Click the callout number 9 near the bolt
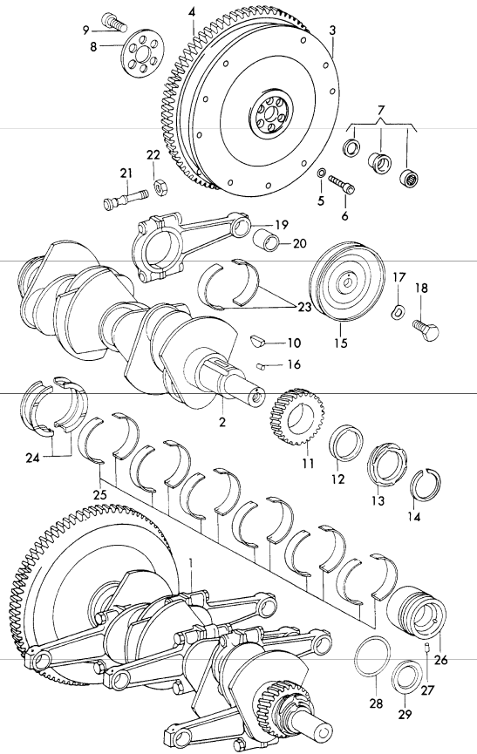pos(86,30)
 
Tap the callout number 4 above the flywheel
pos(192,11)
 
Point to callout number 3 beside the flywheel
pos(333,30)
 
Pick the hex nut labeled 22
pos(161,187)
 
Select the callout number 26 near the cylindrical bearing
pos(440,660)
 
